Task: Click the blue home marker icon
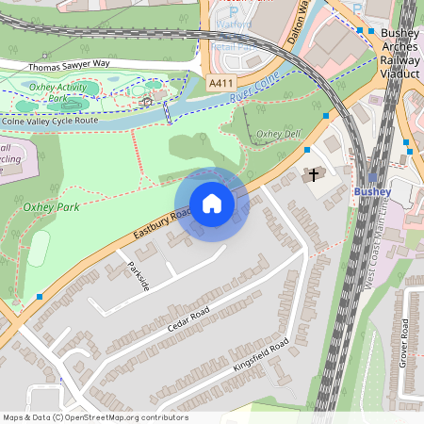point(212,204)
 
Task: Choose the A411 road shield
point(221,84)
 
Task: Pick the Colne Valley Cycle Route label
point(50,121)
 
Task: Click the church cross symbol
point(314,175)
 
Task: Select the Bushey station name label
point(371,192)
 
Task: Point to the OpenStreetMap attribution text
point(94,417)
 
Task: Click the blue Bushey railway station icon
point(373,177)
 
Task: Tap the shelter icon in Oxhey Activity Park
point(147,100)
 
